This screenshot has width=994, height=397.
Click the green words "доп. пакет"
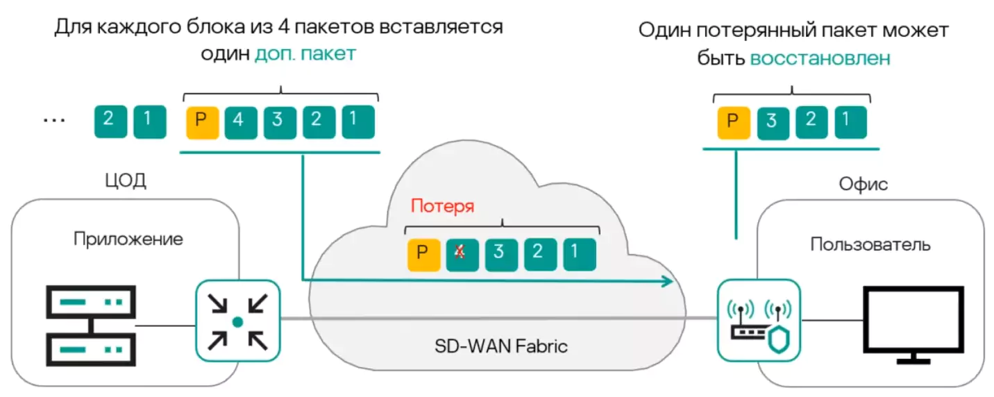tap(305, 53)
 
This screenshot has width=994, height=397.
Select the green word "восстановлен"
tap(820, 58)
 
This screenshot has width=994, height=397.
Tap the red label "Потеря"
tap(442, 206)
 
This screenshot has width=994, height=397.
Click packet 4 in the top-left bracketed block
tap(239, 121)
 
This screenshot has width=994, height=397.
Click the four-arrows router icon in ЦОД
tap(237, 321)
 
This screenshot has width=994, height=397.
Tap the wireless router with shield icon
tap(759, 321)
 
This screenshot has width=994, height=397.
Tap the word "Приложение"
tap(128, 239)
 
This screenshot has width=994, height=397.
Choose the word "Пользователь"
tap(870, 244)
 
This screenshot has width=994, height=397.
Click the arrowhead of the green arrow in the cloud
tap(668, 281)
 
